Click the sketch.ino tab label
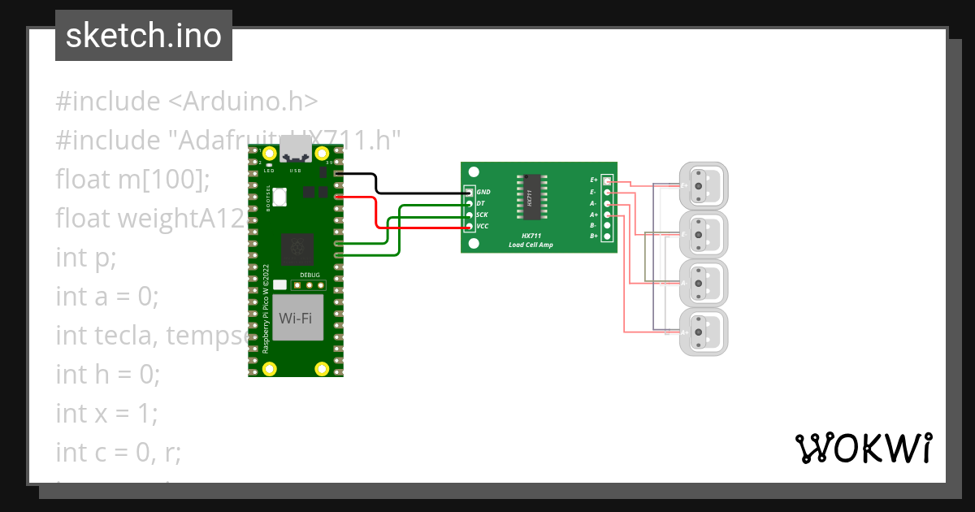click(x=143, y=36)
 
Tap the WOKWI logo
click(x=863, y=449)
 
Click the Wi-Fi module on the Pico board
click(x=296, y=318)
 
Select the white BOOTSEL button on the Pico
click(x=280, y=196)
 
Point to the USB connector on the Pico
click(x=295, y=150)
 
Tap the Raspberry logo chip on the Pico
click(x=295, y=249)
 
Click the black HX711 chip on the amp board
click(x=529, y=197)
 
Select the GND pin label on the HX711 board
click(x=483, y=192)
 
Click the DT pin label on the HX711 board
click(x=481, y=203)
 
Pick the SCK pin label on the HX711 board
click(x=482, y=215)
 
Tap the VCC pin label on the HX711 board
click(x=483, y=226)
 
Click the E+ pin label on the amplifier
click(x=594, y=179)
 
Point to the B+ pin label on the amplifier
click(x=594, y=236)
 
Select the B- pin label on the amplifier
click(x=594, y=224)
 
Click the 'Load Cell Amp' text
click(x=531, y=245)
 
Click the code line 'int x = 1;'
click(x=106, y=413)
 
